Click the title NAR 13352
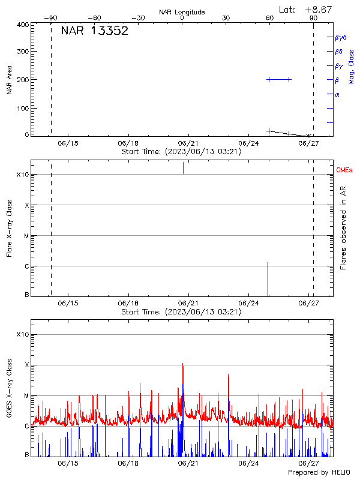pyautogui.click(x=94, y=31)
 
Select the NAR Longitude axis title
pyautogui.click(x=182, y=12)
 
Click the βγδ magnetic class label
pyautogui.click(x=341, y=37)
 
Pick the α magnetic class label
pyautogui.click(x=337, y=94)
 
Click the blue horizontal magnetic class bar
pyautogui.click(x=279, y=79)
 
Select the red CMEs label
pyautogui.click(x=344, y=171)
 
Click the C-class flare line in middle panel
pyautogui.click(x=268, y=279)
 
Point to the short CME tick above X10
pyautogui.click(x=183, y=168)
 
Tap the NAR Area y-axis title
pyautogui.click(x=9, y=80)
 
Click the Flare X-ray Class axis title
pyautogui.click(x=9, y=228)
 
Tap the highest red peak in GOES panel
pyautogui.click(x=182, y=364)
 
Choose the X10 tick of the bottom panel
pyautogui.click(x=23, y=334)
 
